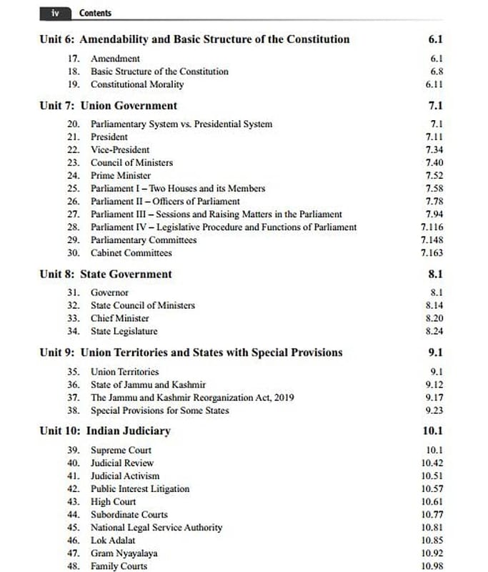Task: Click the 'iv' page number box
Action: click(x=55, y=13)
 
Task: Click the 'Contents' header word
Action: click(x=95, y=13)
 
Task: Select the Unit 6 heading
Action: click(x=194, y=39)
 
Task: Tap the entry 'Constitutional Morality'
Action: click(x=136, y=84)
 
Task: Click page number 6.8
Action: click(x=437, y=71)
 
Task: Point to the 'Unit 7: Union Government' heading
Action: click(x=108, y=106)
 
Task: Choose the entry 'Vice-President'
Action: click(x=120, y=149)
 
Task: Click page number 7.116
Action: click(x=432, y=227)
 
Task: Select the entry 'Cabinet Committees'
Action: click(x=131, y=252)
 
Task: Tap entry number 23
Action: click(x=73, y=162)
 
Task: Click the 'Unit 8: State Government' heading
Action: click(x=106, y=274)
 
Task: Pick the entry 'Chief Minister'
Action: click(x=120, y=318)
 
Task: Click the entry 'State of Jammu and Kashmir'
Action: click(x=148, y=385)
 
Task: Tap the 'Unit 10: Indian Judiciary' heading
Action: click(x=105, y=431)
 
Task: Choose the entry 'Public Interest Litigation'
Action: click(x=140, y=489)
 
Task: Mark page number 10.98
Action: click(x=432, y=566)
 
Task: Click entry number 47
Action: click(x=73, y=553)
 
